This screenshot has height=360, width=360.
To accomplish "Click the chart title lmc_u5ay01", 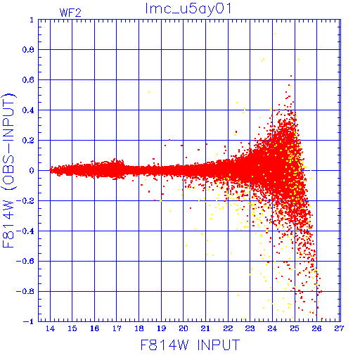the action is point(188,9).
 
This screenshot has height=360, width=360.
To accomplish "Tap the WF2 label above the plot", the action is point(70,13).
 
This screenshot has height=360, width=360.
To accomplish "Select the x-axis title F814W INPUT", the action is point(190,345).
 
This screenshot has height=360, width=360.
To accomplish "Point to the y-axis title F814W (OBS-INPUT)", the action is point(9,171).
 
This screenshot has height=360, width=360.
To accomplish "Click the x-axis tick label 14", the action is point(50,328).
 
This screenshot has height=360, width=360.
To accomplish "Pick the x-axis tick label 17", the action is point(117,328).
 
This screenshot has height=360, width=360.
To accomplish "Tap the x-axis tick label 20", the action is point(184,328).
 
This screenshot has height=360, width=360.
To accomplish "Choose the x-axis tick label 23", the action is point(250,328).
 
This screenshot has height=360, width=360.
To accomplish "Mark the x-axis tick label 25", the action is point(295,328).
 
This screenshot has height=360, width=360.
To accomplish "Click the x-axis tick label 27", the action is point(339,328).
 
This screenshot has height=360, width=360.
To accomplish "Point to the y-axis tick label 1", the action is point(32,20).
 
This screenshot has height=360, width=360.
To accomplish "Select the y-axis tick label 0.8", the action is point(28,50).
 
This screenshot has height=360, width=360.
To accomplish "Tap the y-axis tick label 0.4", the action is point(28,110).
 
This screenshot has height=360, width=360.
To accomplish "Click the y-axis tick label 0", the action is point(32,171).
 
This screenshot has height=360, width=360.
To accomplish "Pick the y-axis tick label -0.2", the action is point(25,201).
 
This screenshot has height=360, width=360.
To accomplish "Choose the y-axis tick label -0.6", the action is point(25,261).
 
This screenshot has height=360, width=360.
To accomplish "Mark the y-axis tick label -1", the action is point(29,321).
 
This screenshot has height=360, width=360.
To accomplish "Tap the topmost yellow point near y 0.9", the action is point(275,34).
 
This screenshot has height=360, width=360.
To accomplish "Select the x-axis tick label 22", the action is point(228,328).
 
